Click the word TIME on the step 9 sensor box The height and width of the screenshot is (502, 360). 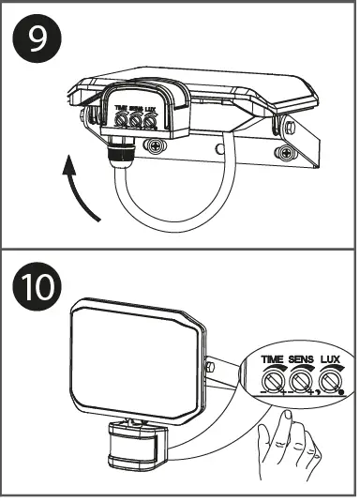(121, 109)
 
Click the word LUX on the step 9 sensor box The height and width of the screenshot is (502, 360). (151, 109)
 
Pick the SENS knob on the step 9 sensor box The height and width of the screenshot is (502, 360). (136, 121)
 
